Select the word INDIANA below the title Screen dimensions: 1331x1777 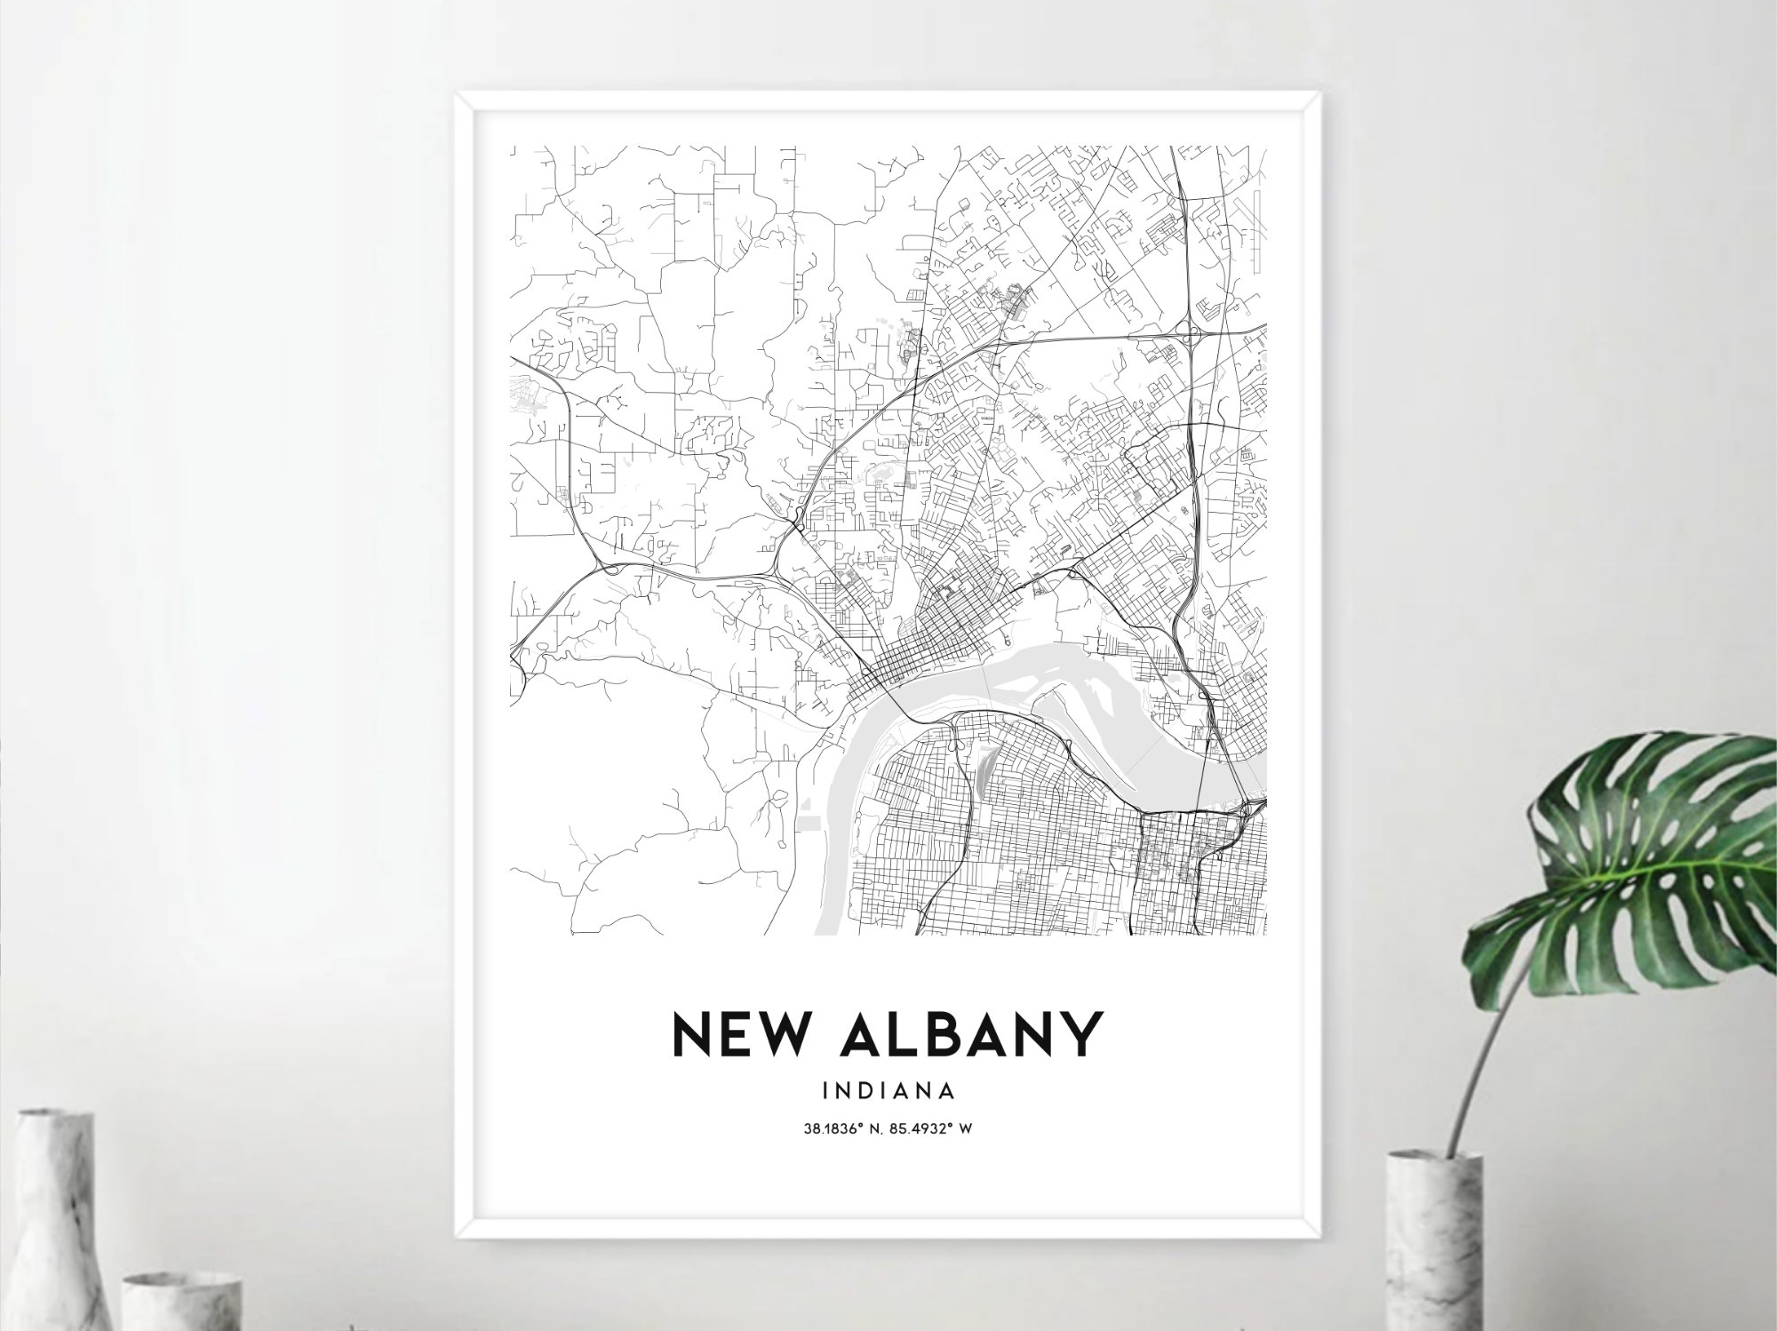(x=888, y=1089)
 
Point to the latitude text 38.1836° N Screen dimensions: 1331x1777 (x=841, y=1129)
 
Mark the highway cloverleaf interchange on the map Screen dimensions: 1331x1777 (x=1190, y=336)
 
